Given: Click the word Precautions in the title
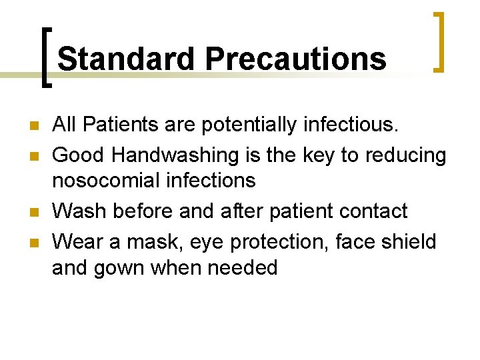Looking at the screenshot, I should [x=296, y=59].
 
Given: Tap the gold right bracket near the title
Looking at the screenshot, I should [x=438, y=41].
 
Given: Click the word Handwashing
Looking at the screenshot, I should [x=175, y=155].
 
